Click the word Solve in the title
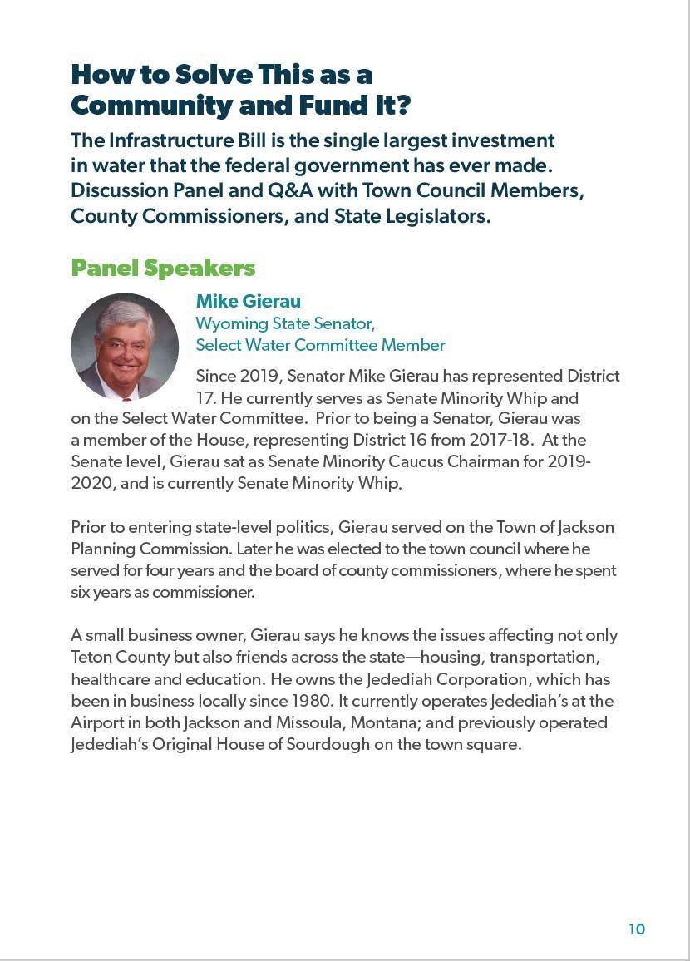pos(213,74)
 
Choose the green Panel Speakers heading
pos(163,268)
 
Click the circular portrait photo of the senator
pos(125,346)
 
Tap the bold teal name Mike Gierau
pos(248,301)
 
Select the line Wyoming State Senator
pos(285,323)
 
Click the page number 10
pos(637,929)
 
